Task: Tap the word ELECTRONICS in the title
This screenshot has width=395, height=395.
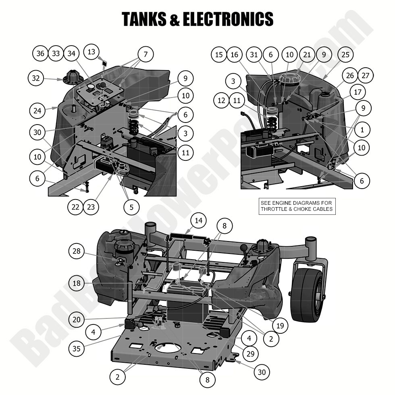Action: [x=228, y=19]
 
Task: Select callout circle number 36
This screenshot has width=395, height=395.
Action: [x=40, y=54]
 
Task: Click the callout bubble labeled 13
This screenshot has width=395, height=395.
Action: [x=92, y=52]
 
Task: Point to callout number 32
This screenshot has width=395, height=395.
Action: [x=36, y=78]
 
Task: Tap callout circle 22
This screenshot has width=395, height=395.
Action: [x=75, y=207]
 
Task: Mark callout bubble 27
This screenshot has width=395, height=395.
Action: [x=366, y=75]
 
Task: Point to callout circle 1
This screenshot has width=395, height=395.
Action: [x=362, y=130]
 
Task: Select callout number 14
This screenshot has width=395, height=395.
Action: [x=199, y=220]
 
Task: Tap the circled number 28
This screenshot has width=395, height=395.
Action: [x=76, y=251]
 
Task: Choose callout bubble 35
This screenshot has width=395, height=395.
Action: [x=77, y=347]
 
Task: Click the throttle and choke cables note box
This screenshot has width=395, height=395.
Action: [x=297, y=206]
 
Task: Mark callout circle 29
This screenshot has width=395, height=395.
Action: [x=250, y=353]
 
